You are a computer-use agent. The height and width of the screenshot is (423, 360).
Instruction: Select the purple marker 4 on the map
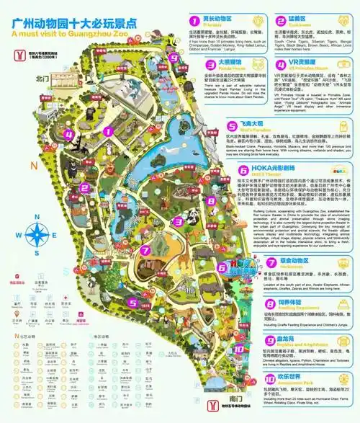click(69, 133)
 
